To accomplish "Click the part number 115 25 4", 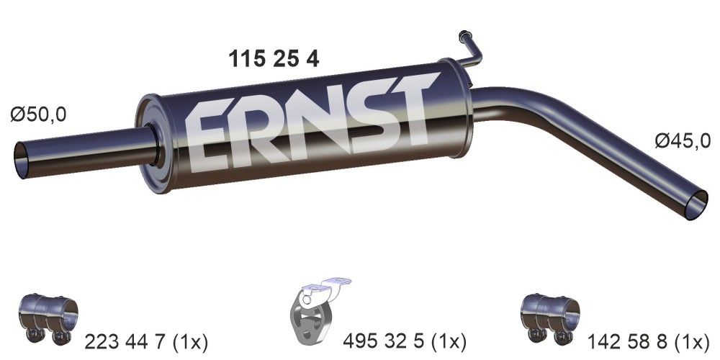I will click(273, 60).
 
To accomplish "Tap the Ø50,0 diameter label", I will click(38, 114).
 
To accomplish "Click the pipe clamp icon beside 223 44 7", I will click(47, 317).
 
